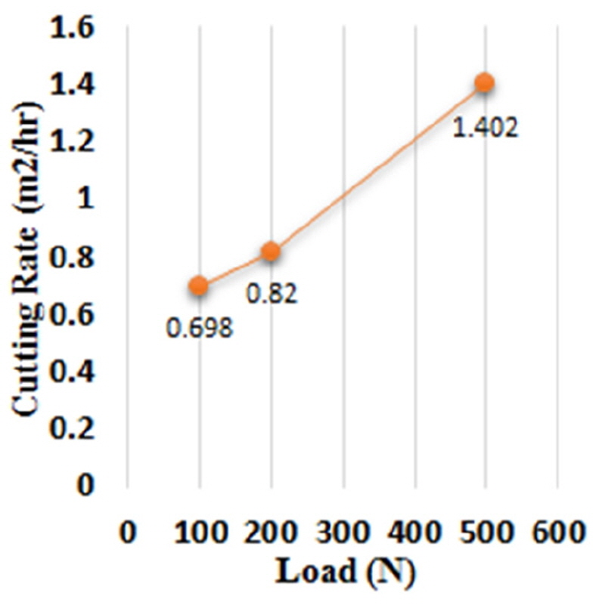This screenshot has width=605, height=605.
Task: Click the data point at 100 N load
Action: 199,285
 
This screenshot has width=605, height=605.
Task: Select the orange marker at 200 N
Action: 271,252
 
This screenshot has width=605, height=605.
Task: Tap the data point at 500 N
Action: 485,82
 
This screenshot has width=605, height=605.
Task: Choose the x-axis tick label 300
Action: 343,532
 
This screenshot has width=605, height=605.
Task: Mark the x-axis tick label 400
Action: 414,532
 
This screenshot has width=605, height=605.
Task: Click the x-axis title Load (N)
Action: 344,572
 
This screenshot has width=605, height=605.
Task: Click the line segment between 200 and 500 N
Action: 378,167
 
